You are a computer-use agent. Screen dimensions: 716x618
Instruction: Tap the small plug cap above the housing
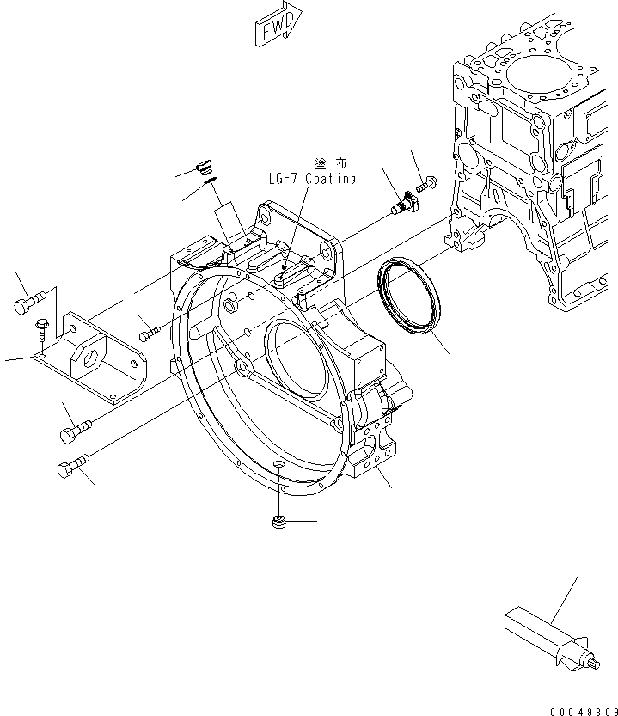pyautogui.click(x=204, y=164)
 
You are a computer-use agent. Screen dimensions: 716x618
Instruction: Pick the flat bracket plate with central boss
pyautogui.click(x=101, y=355)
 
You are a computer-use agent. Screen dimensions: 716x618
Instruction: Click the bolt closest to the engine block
pyautogui.click(x=426, y=183)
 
